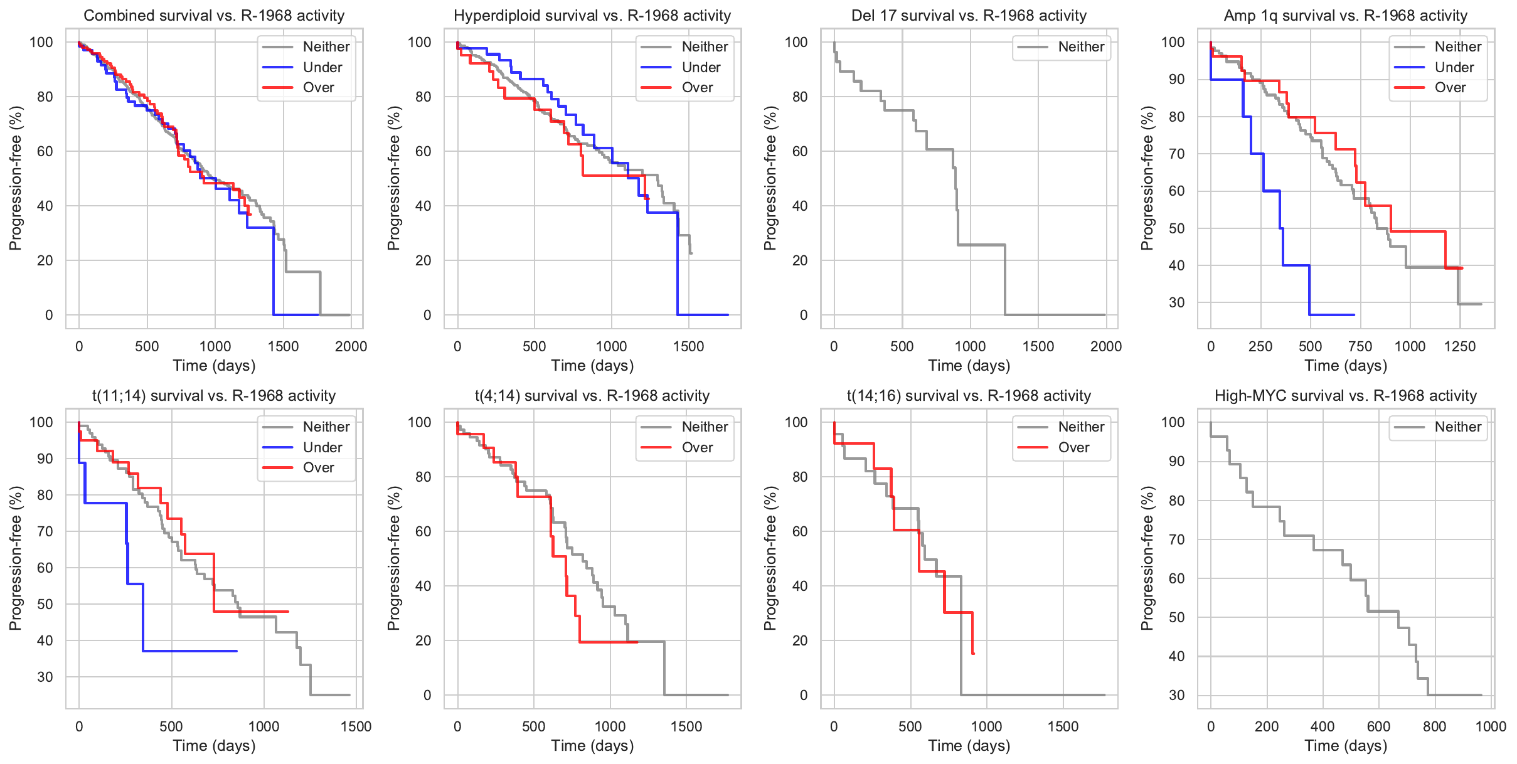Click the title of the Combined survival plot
[214, 16]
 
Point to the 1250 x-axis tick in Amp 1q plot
[1460, 346]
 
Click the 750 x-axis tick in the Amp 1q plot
[1360, 346]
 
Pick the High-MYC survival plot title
[1345, 396]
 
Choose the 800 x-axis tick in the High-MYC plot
[1435, 726]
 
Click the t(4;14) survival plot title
[592, 396]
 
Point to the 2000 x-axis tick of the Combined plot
[351, 346]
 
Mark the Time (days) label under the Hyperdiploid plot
[592, 366]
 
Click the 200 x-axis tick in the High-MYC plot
[1267, 726]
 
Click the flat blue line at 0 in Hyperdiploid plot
[703, 315]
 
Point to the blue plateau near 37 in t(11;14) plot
[188, 651]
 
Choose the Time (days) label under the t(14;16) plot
[969, 746]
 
